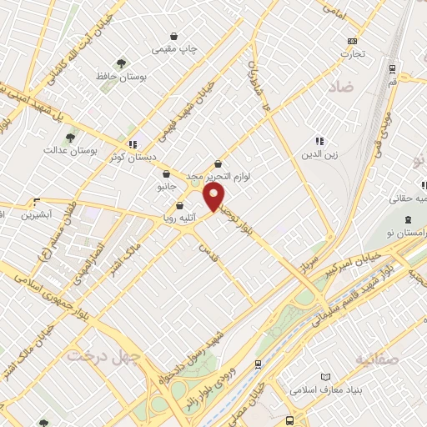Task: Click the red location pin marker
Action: click(215, 196)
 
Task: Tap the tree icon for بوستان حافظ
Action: click(122, 63)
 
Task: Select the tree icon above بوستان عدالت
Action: click(69, 138)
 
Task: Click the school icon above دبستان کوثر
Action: click(133, 143)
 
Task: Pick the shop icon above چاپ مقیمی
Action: click(173, 37)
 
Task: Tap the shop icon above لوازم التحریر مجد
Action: click(218, 164)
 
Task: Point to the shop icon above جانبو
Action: click(167, 174)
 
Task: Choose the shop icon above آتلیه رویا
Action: click(178, 206)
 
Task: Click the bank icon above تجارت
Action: click(352, 41)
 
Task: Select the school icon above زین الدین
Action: click(318, 141)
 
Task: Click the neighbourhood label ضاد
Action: click(342, 86)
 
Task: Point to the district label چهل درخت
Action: click(90, 355)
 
